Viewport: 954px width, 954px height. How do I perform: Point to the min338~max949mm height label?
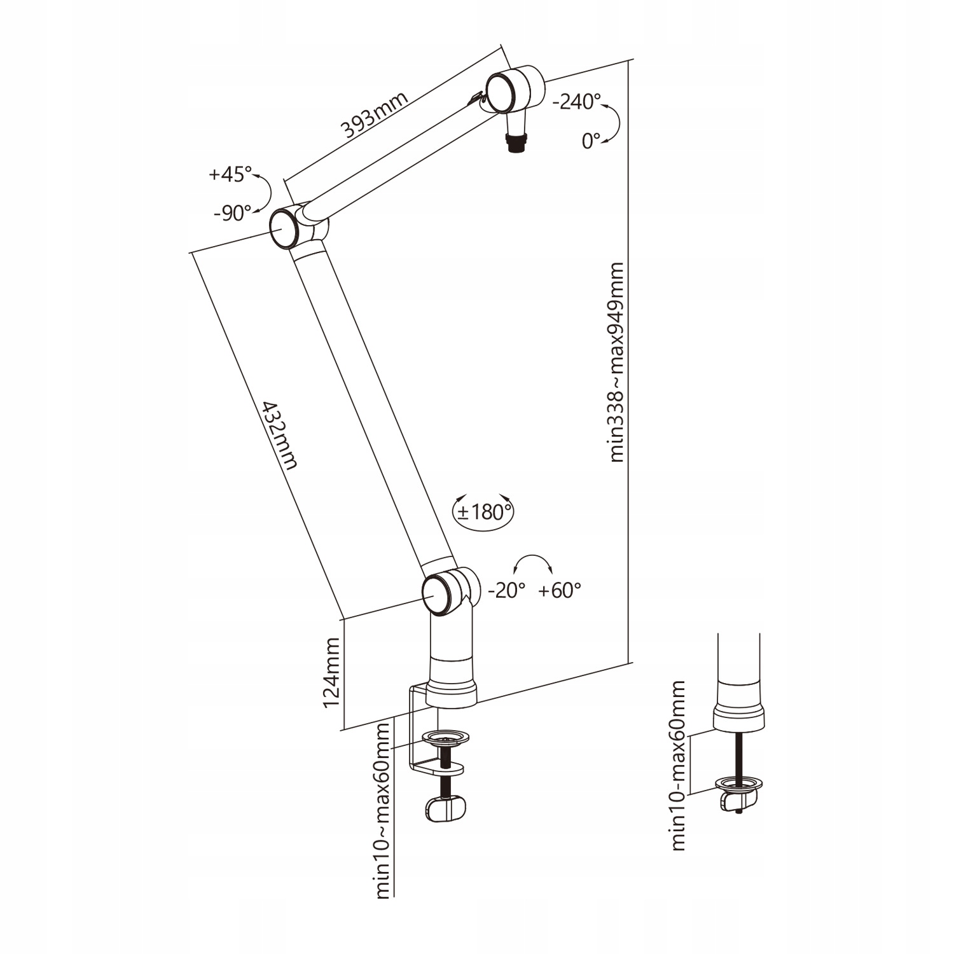(616, 362)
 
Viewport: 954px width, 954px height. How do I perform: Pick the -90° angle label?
(232, 213)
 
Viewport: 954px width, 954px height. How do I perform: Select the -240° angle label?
(576, 101)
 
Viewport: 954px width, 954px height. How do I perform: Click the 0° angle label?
(591, 141)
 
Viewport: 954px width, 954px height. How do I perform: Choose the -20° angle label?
(506, 591)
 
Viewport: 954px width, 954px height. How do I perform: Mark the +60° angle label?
(560, 591)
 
